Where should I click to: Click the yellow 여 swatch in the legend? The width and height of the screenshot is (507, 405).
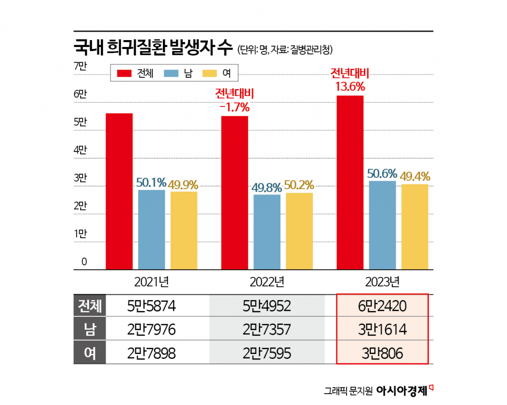(211, 73)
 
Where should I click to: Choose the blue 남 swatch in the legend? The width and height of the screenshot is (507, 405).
(172, 73)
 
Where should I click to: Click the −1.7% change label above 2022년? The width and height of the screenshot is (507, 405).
(234, 106)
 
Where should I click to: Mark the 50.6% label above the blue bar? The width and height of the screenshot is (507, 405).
(382, 174)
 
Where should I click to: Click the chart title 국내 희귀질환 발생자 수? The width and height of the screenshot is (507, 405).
(153, 49)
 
